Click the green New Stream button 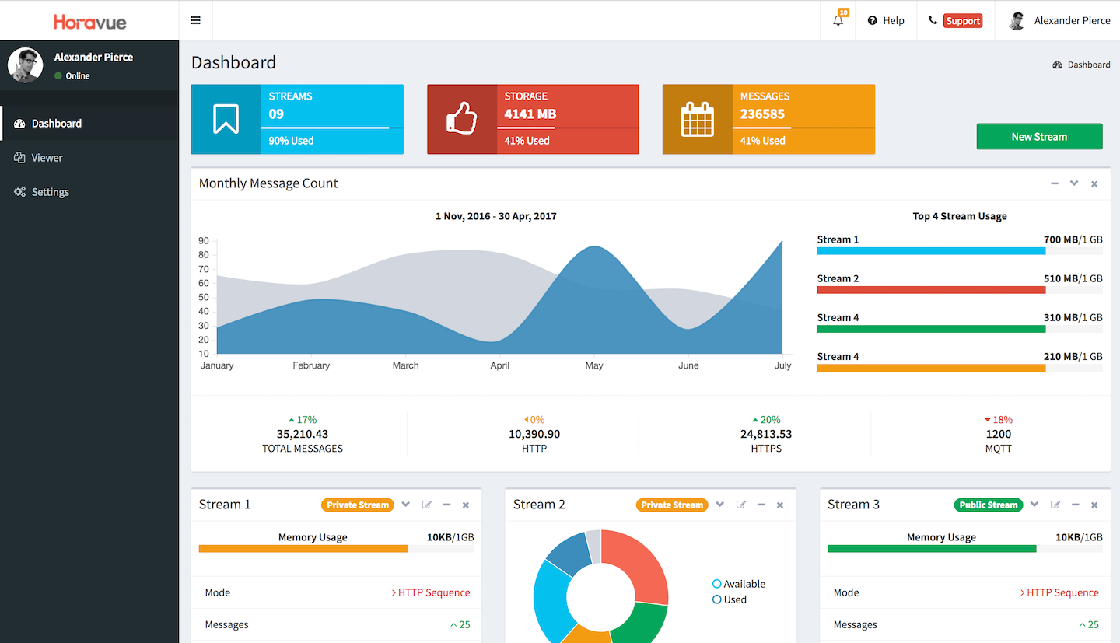[1039, 136]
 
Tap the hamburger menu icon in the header [195, 20]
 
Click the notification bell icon [838, 21]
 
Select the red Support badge [962, 21]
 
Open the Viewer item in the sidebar [47, 158]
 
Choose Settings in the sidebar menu [50, 192]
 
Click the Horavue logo [89, 21]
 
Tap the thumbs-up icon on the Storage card [461, 120]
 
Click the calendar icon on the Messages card [697, 120]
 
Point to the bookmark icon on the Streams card [226, 120]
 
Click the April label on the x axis [499, 365]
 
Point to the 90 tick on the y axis [204, 241]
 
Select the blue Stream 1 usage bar [930, 251]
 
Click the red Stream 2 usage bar [930, 290]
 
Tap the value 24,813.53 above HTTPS [765, 434]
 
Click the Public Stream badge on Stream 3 [988, 505]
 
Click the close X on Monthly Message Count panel [1094, 184]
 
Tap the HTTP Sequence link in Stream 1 [433, 592]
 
